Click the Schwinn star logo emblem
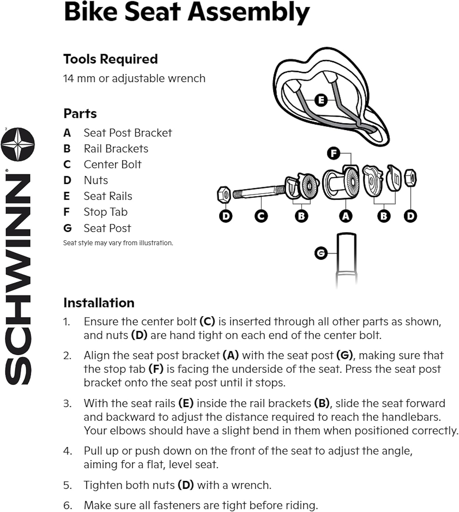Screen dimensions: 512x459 tap(18, 144)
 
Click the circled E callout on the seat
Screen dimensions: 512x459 tap(321, 100)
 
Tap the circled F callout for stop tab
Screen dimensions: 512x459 tap(334, 153)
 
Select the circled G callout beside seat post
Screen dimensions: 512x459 tap(321, 253)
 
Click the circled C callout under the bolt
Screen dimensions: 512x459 tap(261, 216)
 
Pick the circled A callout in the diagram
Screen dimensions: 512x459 tap(346, 216)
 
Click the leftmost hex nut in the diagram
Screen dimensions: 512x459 tap(224, 194)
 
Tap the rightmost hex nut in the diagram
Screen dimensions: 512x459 tap(410, 178)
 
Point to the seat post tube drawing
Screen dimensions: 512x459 tap(346, 259)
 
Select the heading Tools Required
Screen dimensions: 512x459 tap(111, 59)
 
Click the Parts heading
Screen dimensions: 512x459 tap(80, 113)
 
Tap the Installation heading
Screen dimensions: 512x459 tap(99, 303)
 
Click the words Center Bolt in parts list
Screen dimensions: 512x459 tap(113, 165)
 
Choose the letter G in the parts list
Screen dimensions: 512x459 tap(68, 228)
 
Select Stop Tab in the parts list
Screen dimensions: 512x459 tap(106, 212)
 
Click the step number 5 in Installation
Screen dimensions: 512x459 tap(67, 485)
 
